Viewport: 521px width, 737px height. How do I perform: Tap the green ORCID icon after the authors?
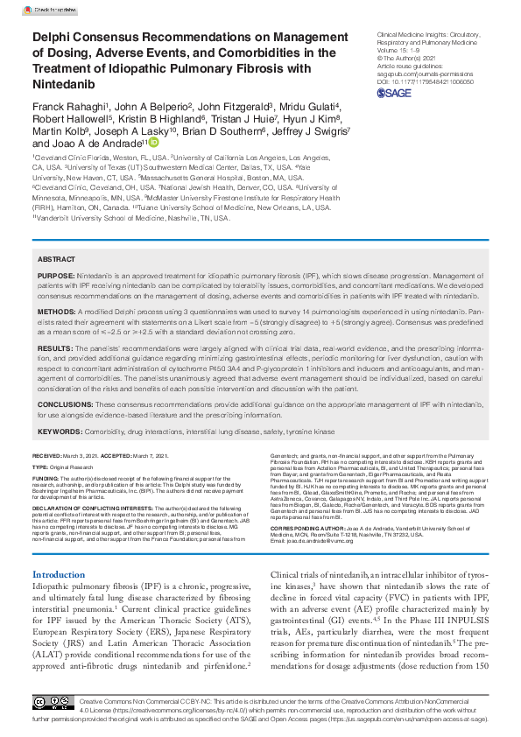click(x=154, y=142)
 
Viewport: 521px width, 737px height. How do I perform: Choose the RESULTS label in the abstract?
click(x=54, y=347)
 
